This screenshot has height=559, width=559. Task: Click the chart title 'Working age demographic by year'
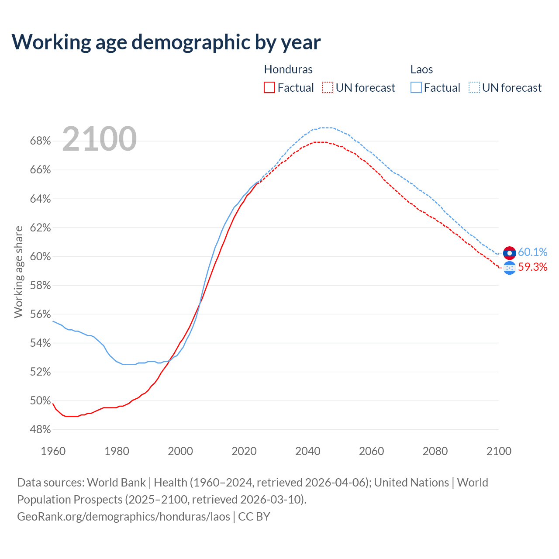(x=166, y=42)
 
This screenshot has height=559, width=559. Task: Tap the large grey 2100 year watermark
(x=100, y=139)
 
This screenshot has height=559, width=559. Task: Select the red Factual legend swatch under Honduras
(x=269, y=88)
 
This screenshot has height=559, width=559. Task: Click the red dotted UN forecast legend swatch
(x=328, y=88)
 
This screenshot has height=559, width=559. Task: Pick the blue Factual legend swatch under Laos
(x=416, y=88)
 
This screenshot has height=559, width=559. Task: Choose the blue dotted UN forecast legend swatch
(x=474, y=88)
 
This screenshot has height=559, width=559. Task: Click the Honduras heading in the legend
(x=288, y=69)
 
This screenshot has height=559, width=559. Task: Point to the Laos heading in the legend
(x=421, y=69)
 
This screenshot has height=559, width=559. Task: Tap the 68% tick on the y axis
(x=40, y=141)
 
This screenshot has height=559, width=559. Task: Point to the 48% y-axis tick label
(x=40, y=430)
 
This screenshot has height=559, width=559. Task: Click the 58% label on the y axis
(x=40, y=286)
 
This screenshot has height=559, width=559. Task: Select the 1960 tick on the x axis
(x=53, y=451)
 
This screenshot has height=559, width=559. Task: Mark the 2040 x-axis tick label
(x=307, y=451)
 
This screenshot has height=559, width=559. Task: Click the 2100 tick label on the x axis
(x=498, y=451)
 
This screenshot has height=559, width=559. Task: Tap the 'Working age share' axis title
(x=18, y=272)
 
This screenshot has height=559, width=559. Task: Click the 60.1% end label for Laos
(x=532, y=252)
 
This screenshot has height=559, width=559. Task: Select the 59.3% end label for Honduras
(x=532, y=267)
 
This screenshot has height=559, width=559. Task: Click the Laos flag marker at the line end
(x=510, y=253)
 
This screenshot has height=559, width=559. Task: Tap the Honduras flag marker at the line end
(x=510, y=268)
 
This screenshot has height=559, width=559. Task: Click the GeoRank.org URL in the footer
(x=124, y=517)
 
